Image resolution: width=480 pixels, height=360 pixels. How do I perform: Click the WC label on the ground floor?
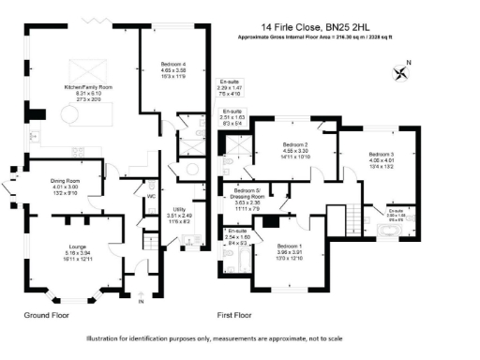click(151, 197)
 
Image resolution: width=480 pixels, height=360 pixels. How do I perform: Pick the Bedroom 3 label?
click(381, 158)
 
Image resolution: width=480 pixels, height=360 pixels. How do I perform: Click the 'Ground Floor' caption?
click(48, 316)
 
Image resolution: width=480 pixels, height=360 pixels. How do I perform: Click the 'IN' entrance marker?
click(141, 304)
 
